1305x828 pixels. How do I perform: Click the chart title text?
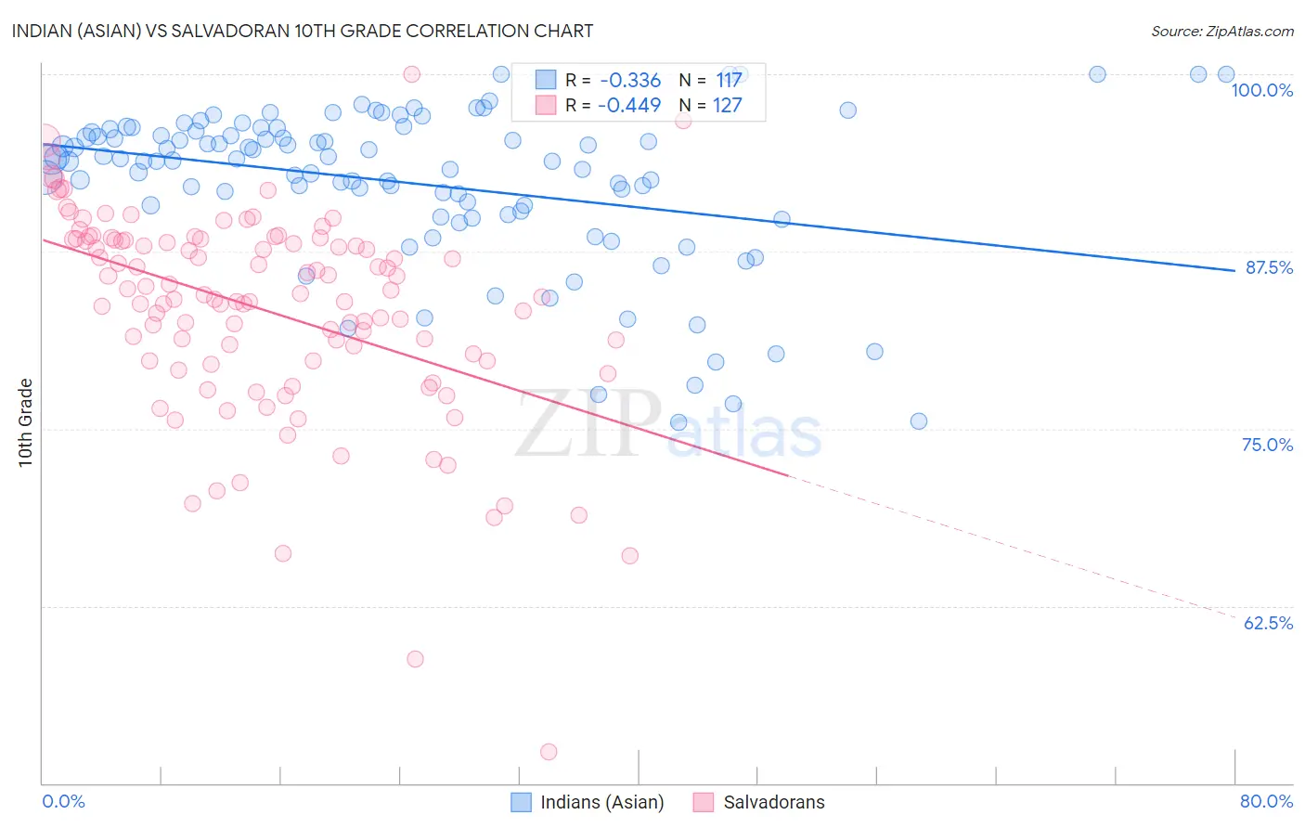coord(303,31)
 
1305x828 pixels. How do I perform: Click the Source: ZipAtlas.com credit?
coord(1221,31)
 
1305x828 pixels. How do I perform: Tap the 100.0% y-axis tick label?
coord(1261,90)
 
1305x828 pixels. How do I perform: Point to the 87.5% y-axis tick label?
coord(1268,267)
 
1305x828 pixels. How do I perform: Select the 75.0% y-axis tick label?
coord(1267,445)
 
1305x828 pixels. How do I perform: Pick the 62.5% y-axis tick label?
coord(1268,623)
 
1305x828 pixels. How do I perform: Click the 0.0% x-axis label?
coord(63,801)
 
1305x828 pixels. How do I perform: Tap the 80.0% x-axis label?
coord(1266,801)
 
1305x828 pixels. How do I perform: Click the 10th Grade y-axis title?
coord(26,422)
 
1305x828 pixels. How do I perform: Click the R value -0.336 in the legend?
coord(630,81)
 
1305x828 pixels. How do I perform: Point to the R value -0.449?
coord(630,106)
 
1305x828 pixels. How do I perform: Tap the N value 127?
coord(727,106)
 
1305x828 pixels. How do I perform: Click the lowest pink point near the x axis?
coord(549,752)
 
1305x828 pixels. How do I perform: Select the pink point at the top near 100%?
coord(412,74)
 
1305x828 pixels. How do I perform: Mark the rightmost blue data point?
coord(1225,74)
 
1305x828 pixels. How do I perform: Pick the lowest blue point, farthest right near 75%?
coord(918,421)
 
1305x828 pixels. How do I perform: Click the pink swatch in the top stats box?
coord(546,105)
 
